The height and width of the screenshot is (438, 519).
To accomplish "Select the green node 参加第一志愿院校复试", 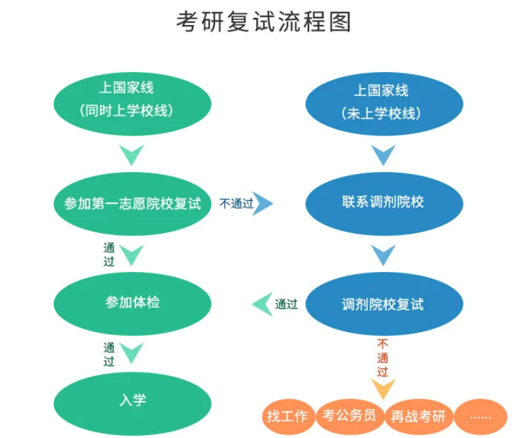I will (132, 203).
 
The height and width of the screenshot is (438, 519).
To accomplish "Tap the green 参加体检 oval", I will (132, 303).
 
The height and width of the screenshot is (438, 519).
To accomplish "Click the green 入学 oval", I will (132, 400).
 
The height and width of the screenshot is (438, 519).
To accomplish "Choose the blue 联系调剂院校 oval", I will (383, 202).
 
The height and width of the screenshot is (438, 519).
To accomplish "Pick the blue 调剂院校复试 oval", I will (383, 304).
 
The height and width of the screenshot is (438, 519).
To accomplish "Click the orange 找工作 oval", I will (287, 416).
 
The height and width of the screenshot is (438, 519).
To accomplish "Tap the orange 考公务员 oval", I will (350, 416).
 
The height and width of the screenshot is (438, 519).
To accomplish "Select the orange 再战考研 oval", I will (418, 416).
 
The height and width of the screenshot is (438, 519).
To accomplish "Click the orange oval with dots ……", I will (480, 416).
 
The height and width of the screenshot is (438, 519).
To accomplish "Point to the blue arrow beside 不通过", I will (263, 203).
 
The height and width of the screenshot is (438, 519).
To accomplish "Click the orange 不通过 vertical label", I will (383, 357).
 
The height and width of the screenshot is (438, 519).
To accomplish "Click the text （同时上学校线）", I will (132, 110).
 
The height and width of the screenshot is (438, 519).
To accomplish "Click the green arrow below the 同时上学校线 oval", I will (132, 155).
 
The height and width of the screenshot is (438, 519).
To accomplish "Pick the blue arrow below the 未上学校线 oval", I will (383, 155).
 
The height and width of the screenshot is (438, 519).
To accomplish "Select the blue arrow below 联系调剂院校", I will (383, 255).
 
